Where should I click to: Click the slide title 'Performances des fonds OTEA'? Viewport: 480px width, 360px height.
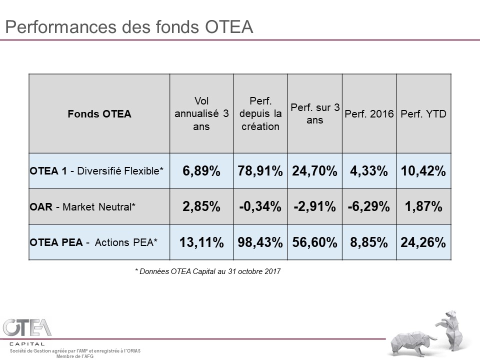pos(128,26)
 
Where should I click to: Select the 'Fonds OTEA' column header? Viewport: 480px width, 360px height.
pos(99,114)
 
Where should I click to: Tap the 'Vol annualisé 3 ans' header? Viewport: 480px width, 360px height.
pos(201,114)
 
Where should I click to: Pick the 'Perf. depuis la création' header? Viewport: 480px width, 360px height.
pos(260,114)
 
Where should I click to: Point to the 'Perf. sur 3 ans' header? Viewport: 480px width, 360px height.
pos(315,114)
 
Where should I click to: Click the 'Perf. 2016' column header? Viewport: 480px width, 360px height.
pos(369,114)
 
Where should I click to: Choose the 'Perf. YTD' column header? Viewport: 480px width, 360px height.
pos(423,114)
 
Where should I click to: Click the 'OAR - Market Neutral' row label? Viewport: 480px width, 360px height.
pos(82,206)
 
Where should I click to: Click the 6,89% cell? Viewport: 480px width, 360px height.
pos(201,171)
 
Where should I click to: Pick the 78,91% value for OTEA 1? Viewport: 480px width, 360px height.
pos(260,171)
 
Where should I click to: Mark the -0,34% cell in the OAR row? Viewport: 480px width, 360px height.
pos(260,206)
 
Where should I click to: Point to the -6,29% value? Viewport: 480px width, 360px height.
pos(369,206)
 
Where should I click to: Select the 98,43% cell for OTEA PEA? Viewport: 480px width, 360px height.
pos(260,242)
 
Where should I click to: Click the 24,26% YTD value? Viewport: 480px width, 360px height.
pos(423,242)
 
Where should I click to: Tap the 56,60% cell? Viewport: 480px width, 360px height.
pos(315,242)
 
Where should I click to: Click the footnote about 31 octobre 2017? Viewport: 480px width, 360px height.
pos(208,271)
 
